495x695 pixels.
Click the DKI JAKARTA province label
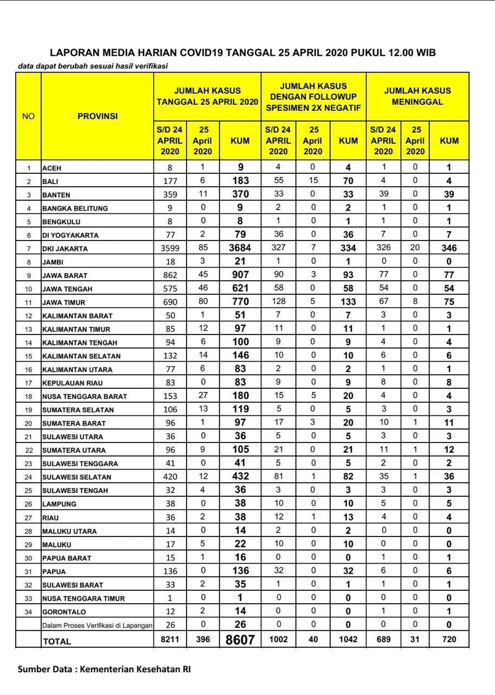click(x=65, y=249)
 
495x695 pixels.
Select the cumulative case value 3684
click(x=240, y=248)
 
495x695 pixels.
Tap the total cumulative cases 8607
click(x=240, y=640)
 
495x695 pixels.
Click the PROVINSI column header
click(x=98, y=116)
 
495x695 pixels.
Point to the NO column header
click(x=28, y=116)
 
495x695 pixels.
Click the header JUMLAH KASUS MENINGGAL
click(x=417, y=96)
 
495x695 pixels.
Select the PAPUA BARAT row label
click(x=67, y=558)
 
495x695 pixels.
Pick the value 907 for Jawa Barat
click(x=240, y=275)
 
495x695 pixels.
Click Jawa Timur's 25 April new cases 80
click(x=203, y=302)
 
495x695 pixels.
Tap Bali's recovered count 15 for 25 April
click(x=312, y=181)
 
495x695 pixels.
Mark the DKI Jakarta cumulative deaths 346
click(x=449, y=248)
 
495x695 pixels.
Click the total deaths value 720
click(x=449, y=640)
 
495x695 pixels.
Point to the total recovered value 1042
click(x=348, y=640)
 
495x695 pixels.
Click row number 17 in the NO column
click(x=29, y=383)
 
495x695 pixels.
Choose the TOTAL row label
click(x=57, y=641)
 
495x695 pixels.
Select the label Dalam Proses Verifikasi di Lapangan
click(x=98, y=625)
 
